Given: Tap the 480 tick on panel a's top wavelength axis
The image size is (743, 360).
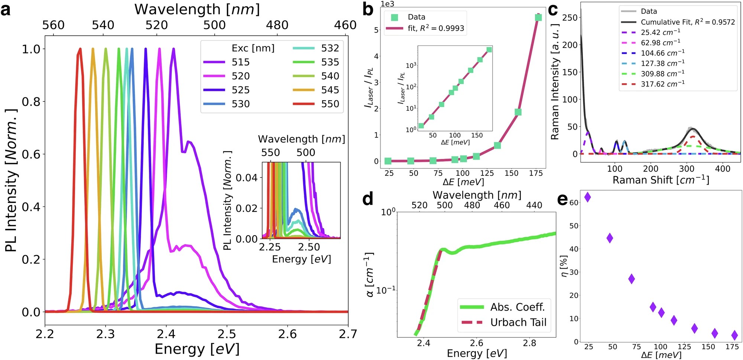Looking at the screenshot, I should [277, 25].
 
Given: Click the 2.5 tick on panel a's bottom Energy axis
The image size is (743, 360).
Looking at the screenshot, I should [227, 334].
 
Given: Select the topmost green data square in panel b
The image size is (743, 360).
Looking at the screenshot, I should [538, 17].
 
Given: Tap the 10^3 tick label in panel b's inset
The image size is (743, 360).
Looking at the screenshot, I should [411, 66].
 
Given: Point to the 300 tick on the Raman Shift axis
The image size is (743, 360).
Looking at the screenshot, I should [687, 169].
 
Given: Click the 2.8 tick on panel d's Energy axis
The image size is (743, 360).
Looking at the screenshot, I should [529, 343].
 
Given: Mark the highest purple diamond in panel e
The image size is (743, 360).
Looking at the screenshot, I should [587, 197].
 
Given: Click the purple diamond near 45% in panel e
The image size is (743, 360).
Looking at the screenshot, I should [610, 238].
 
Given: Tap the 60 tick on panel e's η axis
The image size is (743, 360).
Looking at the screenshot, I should [574, 202].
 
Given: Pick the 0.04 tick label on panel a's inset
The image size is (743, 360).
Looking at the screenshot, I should [247, 178].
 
